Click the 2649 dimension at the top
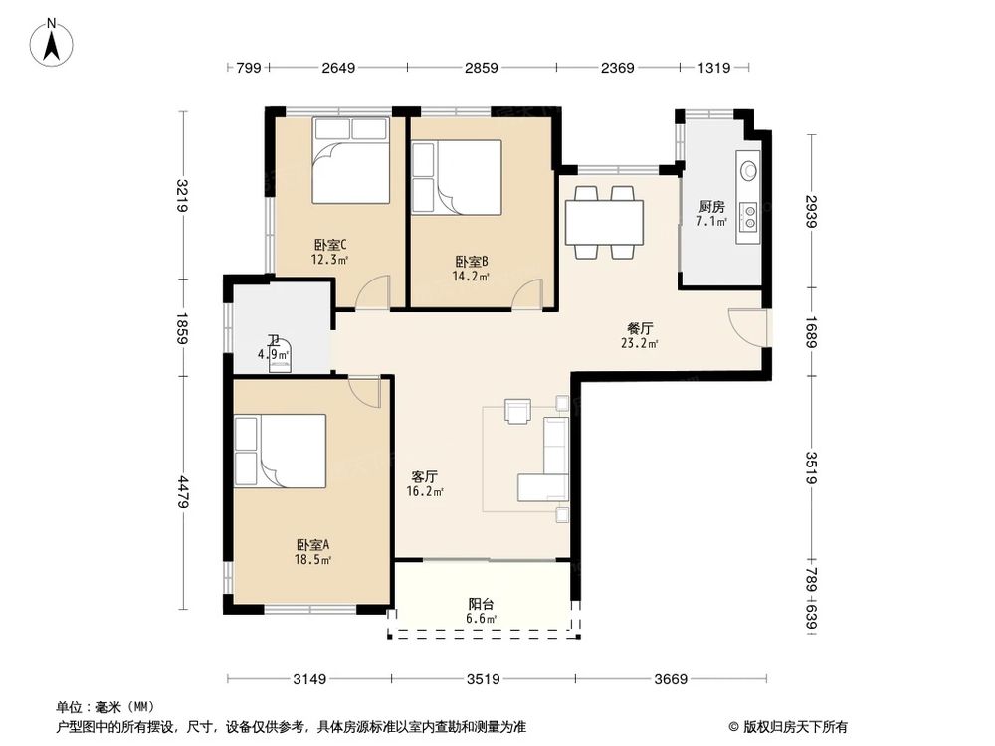tap(337, 68)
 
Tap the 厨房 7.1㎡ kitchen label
tap(711, 213)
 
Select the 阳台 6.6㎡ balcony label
tap(482, 610)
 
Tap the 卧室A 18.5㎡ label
tap(312, 551)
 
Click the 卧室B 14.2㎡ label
tap(470, 269)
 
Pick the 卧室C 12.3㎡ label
tap(329, 252)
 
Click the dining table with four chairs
tap(604, 222)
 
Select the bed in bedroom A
tap(281, 452)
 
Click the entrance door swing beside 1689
tap(747, 326)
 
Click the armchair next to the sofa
tap(518, 410)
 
